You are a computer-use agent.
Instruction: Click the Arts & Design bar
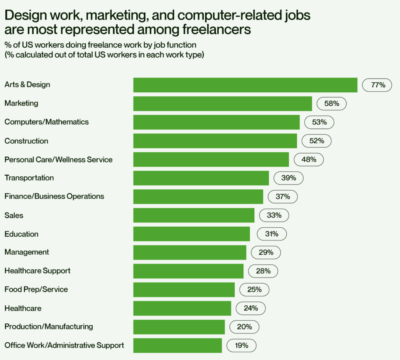pyautogui.click(x=245, y=85)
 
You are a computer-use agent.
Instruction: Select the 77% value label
pyautogui.click(x=377, y=85)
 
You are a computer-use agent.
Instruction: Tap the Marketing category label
pyautogui.click(x=21, y=103)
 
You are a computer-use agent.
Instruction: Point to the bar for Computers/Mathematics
pyautogui.click(x=216, y=122)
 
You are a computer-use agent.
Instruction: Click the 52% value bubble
pyautogui.click(x=316, y=141)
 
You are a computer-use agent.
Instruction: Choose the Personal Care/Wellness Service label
pyautogui.click(x=58, y=159)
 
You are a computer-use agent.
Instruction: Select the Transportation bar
pyautogui.click(x=201, y=178)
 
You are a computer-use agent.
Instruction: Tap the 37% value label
pyautogui.click(x=282, y=197)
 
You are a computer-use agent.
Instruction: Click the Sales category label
pyautogui.click(x=14, y=215)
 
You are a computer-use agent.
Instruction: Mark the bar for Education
pyautogui.click(x=191, y=234)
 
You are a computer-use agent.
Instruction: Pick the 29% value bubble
pyautogui.click(x=266, y=253)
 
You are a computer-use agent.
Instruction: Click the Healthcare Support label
pyautogui.click(x=38, y=271)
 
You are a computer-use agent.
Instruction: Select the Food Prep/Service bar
pyautogui.click(x=184, y=289)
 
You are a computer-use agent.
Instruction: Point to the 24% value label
pyautogui.click(x=250, y=308)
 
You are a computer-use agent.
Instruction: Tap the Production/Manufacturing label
pyautogui.click(x=49, y=327)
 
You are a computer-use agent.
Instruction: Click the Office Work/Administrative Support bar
pyautogui.click(x=178, y=345)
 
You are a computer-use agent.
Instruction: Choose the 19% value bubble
pyautogui.click(x=241, y=345)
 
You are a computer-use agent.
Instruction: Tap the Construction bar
pyautogui.click(x=215, y=141)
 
